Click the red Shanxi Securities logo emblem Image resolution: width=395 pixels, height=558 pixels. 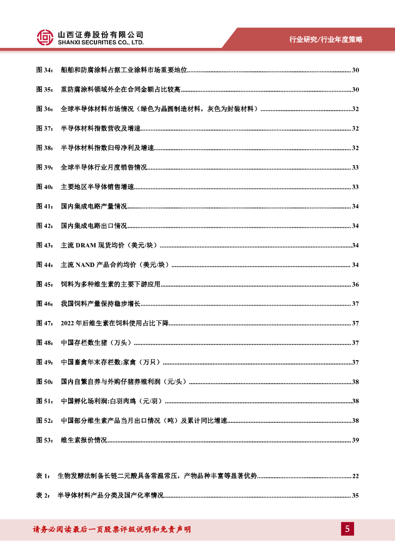45,37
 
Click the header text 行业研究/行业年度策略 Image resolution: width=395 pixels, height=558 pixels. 326,39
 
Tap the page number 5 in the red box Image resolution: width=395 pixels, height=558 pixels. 347,529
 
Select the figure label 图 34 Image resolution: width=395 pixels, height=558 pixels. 44,70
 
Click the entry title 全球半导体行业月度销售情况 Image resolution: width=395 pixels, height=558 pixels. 104,167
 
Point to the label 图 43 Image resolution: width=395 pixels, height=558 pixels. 44,245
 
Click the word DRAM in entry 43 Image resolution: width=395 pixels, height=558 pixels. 85,245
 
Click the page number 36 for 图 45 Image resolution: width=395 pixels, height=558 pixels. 355,284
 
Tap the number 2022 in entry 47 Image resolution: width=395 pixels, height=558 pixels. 68,323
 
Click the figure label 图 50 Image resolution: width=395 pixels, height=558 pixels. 44,381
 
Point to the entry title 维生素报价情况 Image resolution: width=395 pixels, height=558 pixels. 83,440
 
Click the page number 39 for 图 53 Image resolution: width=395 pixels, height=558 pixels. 355,440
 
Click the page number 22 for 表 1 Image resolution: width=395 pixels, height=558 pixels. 355,476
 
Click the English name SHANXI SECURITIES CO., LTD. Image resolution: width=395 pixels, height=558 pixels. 101,43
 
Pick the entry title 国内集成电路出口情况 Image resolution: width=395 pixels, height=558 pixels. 94,226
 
